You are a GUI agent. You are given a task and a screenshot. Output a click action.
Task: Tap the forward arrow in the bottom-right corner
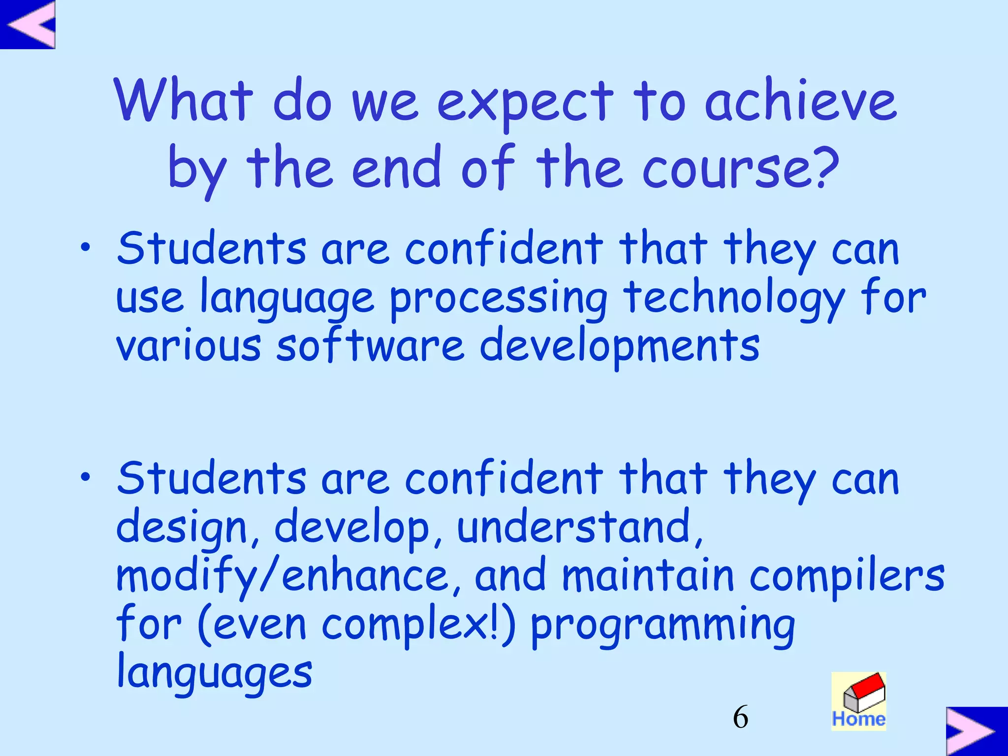coord(976,731)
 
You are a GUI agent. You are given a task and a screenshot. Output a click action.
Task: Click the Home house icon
coord(859,701)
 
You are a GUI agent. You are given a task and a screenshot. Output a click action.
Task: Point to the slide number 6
coord(740,717)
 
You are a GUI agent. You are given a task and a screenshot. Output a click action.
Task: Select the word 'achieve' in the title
coord(801,101)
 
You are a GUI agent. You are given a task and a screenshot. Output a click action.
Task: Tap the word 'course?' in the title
coord(740,168)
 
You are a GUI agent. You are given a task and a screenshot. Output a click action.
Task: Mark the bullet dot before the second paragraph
coord(86,476)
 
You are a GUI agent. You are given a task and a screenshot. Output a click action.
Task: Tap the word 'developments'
coord(620,346)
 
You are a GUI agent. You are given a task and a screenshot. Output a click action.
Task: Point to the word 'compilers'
coord(847,576)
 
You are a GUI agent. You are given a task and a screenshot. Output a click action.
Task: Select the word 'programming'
coord(662,625)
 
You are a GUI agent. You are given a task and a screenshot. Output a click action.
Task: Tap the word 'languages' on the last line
coord(215,673)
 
